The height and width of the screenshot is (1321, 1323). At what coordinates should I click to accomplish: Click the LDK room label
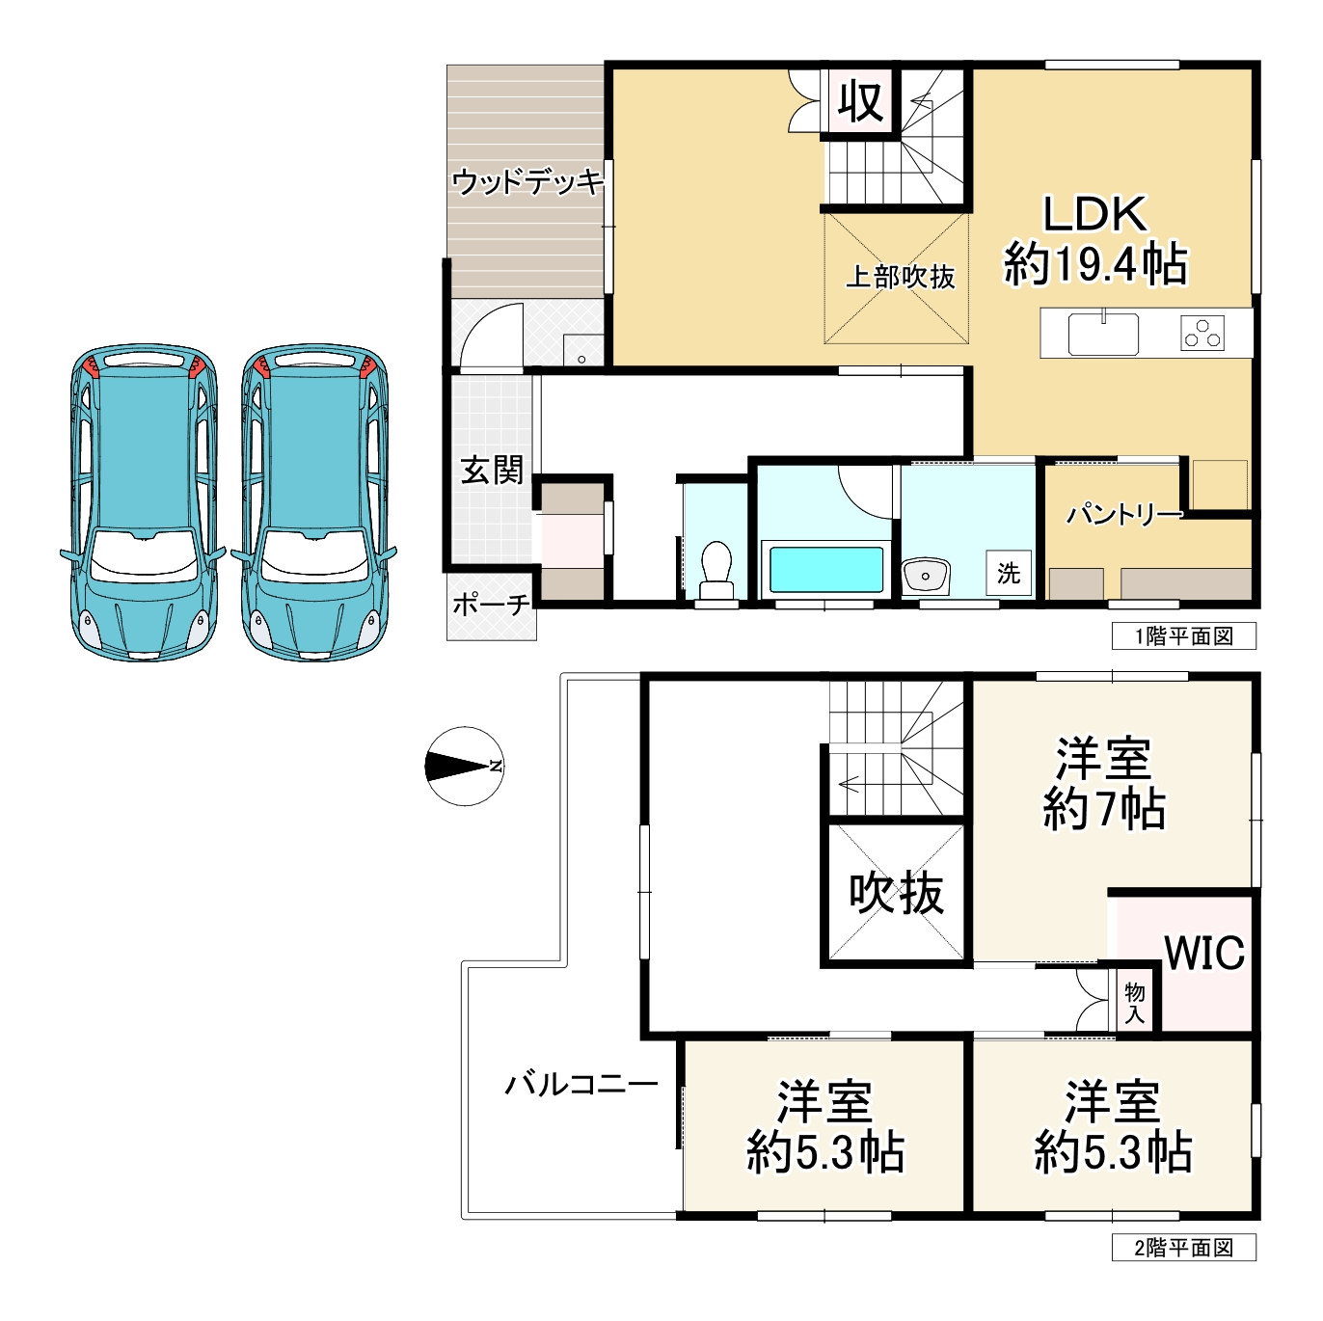click(x=1095, y=239)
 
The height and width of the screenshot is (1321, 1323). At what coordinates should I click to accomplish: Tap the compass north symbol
click(x=464, y=767)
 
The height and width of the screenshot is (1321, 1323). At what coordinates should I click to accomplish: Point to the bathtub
click(x=826, y=569)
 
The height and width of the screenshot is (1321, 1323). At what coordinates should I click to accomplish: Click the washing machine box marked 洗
click(x=1009, y=573)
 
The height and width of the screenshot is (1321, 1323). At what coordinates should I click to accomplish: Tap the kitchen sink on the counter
click(x=1102, y=334)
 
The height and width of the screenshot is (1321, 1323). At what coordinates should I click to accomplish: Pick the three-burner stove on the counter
click(x=1202, y=334)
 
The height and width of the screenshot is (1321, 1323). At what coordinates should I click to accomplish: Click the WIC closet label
click(x=1204, y=953)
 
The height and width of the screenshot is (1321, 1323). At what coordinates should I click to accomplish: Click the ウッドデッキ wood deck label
click(x=527, y=181)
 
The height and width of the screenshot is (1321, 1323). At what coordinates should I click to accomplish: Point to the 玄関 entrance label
click(x=492, y=470)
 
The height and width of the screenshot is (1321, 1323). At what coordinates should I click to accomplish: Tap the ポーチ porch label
click(x=491, y=605)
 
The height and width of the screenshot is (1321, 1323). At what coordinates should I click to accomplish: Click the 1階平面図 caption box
click(x=1183, y=636)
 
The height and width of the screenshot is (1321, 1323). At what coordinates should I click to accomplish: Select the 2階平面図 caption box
click(x=1183, y=1248)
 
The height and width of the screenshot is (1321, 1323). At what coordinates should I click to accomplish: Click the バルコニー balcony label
click(x=581, y=1085)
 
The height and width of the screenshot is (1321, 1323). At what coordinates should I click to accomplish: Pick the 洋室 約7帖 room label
click(x=1104, y=784)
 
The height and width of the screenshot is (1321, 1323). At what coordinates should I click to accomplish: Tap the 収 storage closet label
click(x=860, y=100)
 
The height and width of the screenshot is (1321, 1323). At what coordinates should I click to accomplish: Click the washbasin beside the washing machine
click(x=926, y=577)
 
